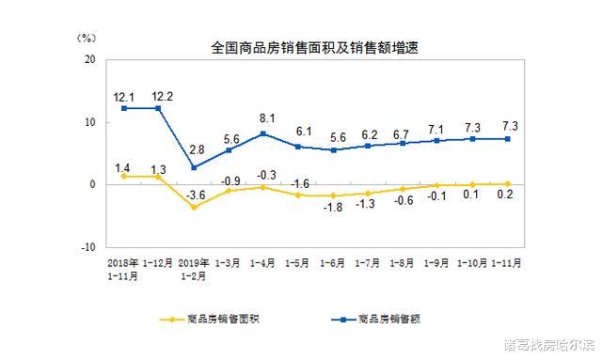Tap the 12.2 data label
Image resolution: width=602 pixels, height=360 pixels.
[x=158, y=95]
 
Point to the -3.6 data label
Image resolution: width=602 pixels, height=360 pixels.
[x=195, y=196]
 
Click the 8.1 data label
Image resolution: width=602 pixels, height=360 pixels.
[x=266, y=118]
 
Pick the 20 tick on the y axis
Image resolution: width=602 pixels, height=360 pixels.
[x=90, y=59]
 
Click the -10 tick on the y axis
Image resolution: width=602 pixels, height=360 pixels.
[x=87, y=247]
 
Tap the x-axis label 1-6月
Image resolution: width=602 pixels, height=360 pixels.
[x=333, y=264]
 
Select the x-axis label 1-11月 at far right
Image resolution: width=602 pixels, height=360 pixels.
[x=508, y=264]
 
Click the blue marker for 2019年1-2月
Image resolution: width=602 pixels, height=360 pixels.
[x=194, y=167]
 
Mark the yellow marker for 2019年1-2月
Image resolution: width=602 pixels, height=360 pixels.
[x=194, y=207]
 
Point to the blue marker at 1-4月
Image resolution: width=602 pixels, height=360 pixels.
[x=263, y=133]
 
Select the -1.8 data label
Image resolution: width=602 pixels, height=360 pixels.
[x=335, y=209]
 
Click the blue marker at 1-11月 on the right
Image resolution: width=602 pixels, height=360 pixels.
[x=508, y=138]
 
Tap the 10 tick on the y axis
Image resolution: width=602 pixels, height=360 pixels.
[x=90, y=122]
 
